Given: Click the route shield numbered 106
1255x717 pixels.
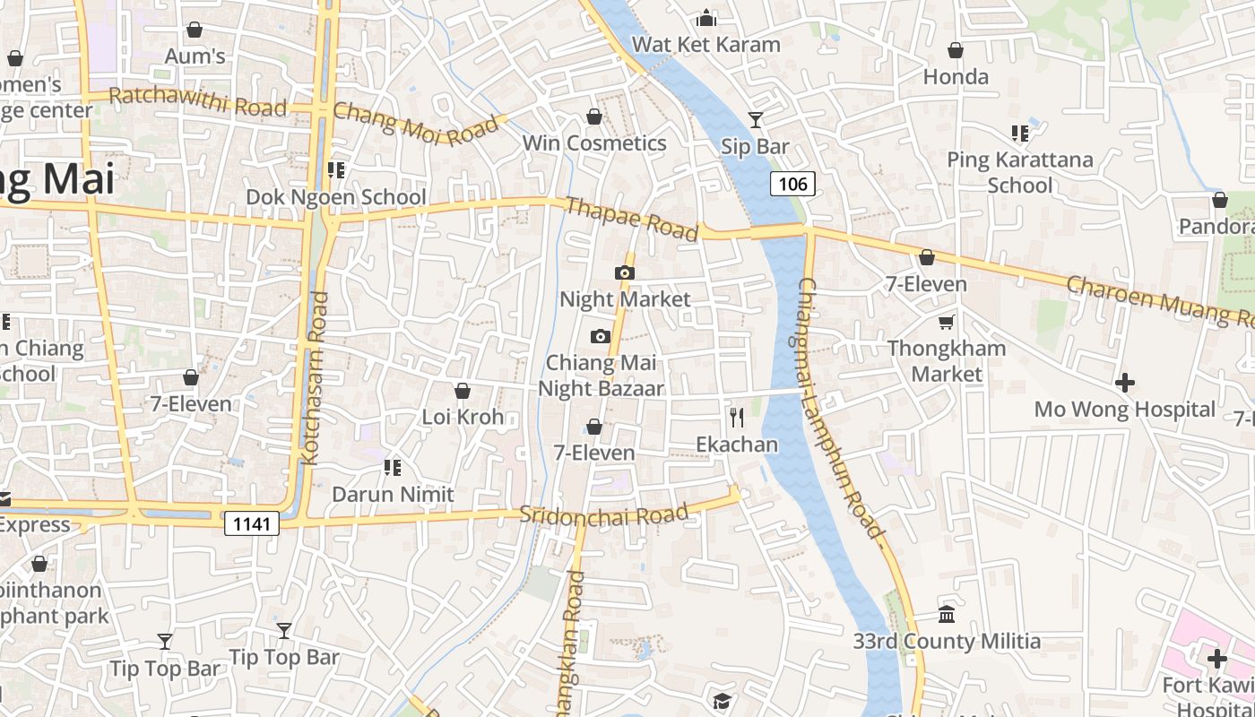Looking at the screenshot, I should [792, 185].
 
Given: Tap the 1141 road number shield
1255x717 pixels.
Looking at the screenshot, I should [252, 523].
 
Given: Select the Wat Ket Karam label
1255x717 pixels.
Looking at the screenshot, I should [705, 44].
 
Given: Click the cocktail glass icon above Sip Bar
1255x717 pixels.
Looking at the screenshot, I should [756, 119].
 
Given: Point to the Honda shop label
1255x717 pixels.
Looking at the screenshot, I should [956, 77].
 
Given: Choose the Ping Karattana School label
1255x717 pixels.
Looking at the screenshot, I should [1020, 172].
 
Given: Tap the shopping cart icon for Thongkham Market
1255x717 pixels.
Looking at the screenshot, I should [946, 322].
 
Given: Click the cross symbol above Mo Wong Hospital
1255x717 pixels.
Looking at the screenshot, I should [1125, 383].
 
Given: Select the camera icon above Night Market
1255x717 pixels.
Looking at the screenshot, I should [625, 272].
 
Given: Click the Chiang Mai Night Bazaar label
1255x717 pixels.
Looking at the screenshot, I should [601, 376].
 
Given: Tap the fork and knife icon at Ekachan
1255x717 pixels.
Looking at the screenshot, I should [737, 417].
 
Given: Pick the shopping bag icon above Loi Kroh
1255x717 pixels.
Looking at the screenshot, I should [463, 391].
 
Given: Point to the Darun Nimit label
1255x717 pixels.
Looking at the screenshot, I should [393, 494].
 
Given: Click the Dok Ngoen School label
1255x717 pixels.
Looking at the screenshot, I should [336, 197].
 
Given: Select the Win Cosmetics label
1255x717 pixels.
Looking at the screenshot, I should [594, 143].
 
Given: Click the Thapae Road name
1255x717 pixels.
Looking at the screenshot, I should [632, 219].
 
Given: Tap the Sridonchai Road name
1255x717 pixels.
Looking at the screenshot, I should [604, 515].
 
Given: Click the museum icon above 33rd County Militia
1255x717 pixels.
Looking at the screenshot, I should [946, 615].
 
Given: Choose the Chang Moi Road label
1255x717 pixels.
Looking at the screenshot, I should [415, 124].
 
